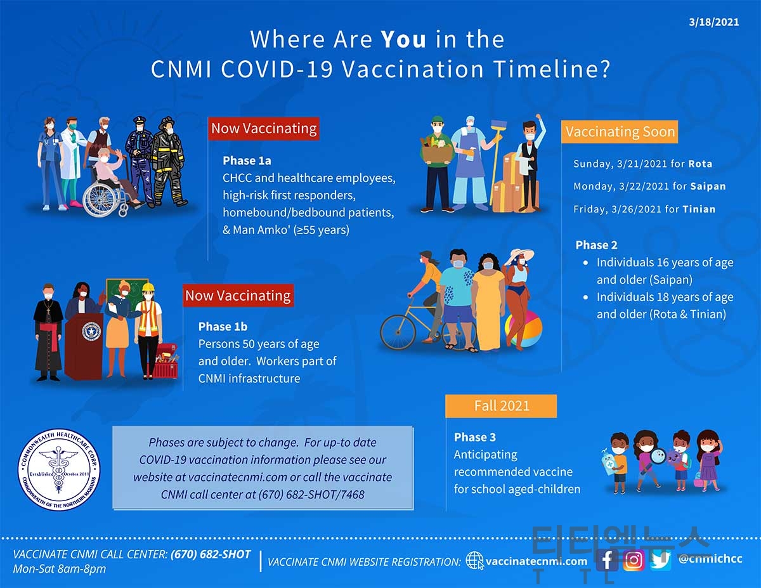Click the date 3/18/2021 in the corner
[x=713, y=22]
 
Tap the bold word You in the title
[x=403, y=39]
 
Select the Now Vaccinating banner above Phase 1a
[x=264, y=129]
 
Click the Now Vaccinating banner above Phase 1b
[x=238, y=296]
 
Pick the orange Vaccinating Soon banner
[x=620, y=132]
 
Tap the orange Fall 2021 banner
[x=501, y=406]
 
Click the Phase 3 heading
[x=475, y=437]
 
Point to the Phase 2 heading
[x=596, y=245]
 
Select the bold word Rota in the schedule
[x=700, y=164]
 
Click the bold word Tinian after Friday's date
[x=699, y=209]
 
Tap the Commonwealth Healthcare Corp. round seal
[x=59, y=469]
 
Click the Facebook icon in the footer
[x=607, y=560]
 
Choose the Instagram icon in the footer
[x=634, y=560]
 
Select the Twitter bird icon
[x=661, y=560]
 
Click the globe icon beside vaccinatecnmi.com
[x=474, y=561]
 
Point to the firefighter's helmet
[x=166, y=123]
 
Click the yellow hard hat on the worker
[x=148, y=287]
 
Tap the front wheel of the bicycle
[x=398, y=332]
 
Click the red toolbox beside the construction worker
[x=166, y=362]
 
